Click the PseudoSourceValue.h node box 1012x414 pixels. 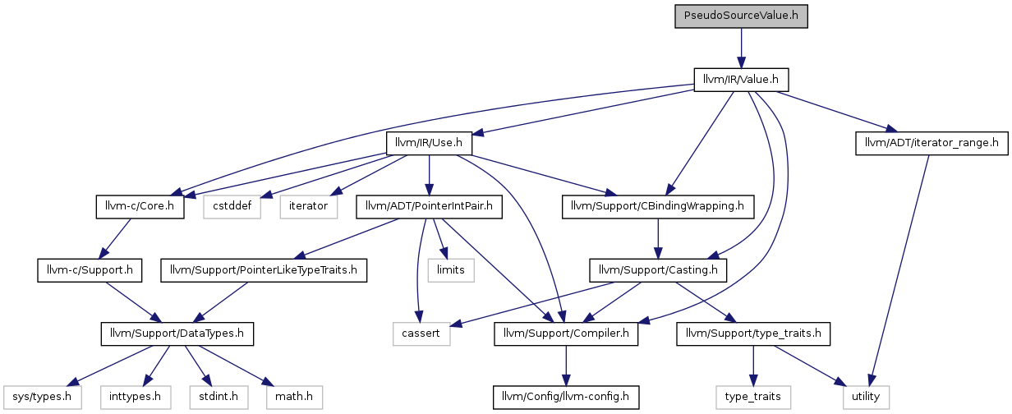click(x=741, y=16)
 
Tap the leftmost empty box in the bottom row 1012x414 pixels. click(x=43, y=397)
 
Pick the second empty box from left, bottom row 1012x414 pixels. click(x=136, y=397)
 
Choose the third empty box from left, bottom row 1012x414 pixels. click(x=218, y=397)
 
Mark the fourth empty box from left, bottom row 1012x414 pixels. click(x=295, y=397)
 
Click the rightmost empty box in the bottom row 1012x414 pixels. click(x=867, y=397)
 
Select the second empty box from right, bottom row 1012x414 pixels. click(x=753, y=397)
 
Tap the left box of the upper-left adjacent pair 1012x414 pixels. click(x=232, y=207)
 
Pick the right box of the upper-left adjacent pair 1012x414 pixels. click(x=309, y=207)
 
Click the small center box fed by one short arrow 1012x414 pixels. click(x=451, y=270)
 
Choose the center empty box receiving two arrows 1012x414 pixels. click(x=421, y=334)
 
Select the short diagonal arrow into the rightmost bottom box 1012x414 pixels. click(x=809, y=365)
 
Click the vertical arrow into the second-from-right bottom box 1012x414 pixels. click(x=753, y=365)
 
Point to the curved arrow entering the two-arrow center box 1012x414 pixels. click(x=419, y=271)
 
